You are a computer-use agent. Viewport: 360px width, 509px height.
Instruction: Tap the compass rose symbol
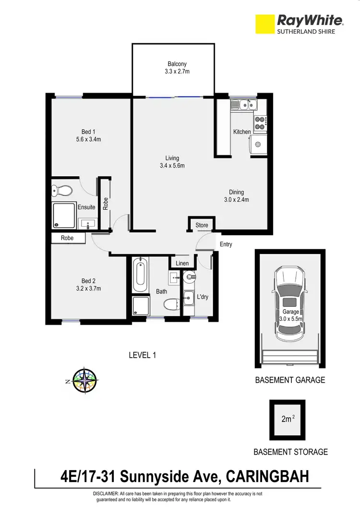tap(85, 381)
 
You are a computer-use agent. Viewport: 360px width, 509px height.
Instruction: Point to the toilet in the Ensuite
tap(62, 191)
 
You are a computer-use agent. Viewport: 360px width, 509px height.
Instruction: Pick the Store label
tap(202, 225)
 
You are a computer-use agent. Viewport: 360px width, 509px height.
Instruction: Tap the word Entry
tap(226, 244)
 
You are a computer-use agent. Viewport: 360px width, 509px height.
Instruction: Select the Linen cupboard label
tap(182, 263)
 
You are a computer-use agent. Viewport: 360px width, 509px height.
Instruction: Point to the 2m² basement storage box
tap(288, 419)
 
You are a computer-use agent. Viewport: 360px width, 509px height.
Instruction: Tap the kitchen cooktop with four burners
tap(260, 123)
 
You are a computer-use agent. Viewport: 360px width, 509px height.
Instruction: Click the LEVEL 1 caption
tap(143, 355)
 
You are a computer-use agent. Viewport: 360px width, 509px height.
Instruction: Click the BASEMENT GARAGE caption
tap(289, 380)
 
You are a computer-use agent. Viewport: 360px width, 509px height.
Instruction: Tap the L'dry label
tap(203, 297)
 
